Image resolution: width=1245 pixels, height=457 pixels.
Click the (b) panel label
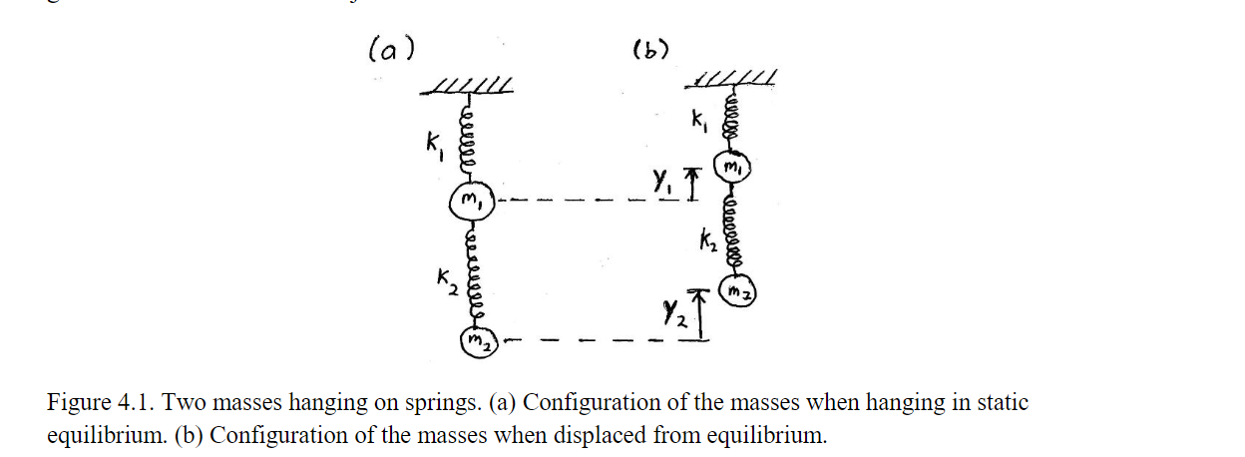click(650, 48)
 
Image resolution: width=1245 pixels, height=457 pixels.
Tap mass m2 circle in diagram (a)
click(474, 341)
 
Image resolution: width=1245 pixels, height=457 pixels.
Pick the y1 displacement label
click(662, 182)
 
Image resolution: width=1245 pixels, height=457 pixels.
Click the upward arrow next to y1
click(690, 185)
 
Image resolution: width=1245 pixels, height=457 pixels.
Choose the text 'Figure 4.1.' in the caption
click(98, 404)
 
